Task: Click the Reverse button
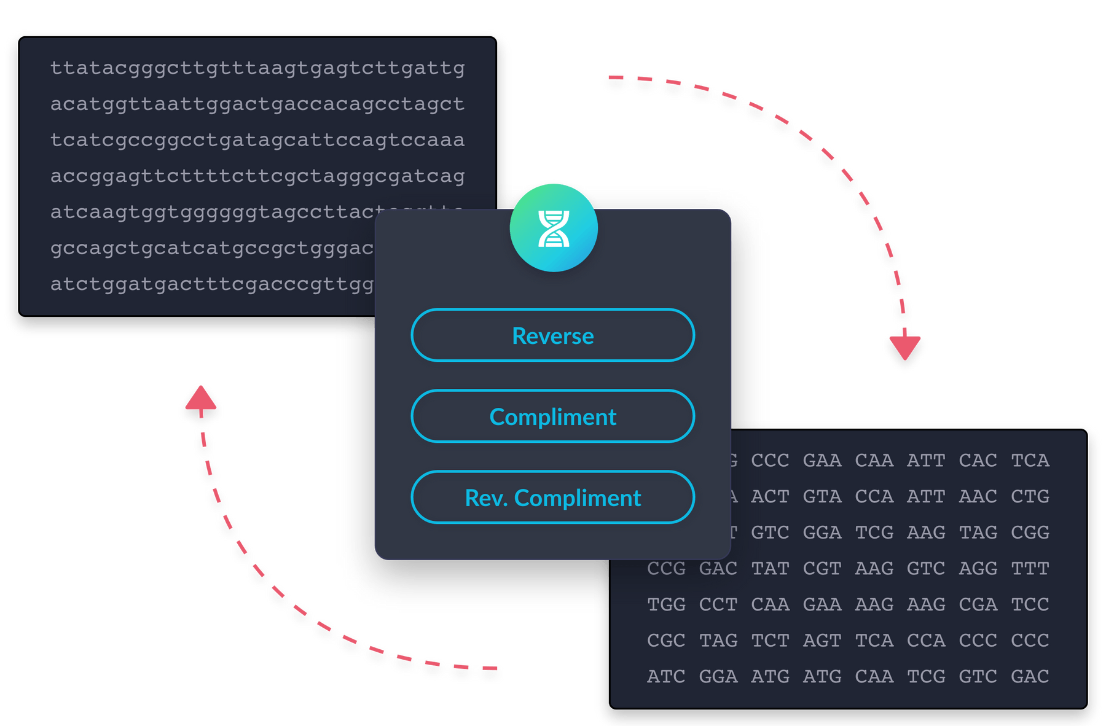pyautogui.click(x=552, y=335)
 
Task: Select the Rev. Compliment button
pyautogui.click(x=552, y=498)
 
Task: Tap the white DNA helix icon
pyautogui.click(x=554, y=228)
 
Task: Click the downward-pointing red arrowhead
pyautogui.click(x=904, y=348)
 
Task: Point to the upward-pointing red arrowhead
pyautogui.click(x=201, y=401)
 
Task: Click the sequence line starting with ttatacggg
pyautogui.click(x=257, y=68)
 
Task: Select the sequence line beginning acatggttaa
pyautogui.click(x=257, y=104)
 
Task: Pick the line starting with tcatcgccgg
pyautogui.click(x=257, y=140)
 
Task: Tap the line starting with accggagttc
pyautogui.click(x=257, y=176)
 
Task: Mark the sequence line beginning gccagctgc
pyautogui.click(x=212, y=248)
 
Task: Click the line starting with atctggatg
pyautogui.click(x=212, y=284)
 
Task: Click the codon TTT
pyautogui.click(x=1030, y=569)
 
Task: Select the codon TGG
pyautogui.click(x=666, y=605)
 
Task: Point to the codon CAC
pyautogui.click(x=978, y=461)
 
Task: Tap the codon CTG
pyautogui.click(x=1030, y=496)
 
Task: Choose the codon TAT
pyautogui.click(x=770, y=569)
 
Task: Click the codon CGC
pyautogui.click(x=666, y=641)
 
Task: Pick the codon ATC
pyautogui.click(x=666, y=677)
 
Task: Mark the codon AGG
pyautogui.click(x=978, y=569)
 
